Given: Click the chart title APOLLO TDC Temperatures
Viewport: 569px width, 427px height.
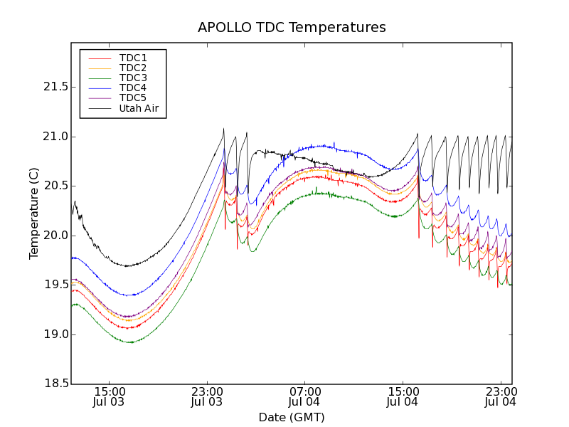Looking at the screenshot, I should pos(292,28).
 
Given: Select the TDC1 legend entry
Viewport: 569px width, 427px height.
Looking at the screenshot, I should pos(133,58).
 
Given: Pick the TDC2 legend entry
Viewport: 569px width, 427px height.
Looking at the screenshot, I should pos(133,68).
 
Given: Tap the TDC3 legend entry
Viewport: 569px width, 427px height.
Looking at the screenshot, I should pos(133,78).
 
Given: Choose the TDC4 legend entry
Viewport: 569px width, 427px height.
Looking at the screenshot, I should pos(133,88).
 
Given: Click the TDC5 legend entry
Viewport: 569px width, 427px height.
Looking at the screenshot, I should pos(133,98).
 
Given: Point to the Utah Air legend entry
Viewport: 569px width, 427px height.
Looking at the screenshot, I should pos(139,109).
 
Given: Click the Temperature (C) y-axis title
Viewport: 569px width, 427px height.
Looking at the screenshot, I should pos(33,213).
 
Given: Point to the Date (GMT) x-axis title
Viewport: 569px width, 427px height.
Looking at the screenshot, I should pos(292,417).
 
